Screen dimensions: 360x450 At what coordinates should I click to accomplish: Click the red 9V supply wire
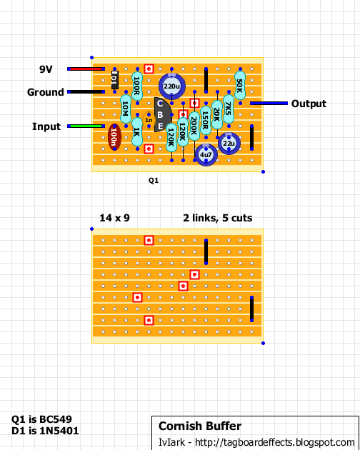pos(86,69)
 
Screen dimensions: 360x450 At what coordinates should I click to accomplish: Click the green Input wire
pos(86,126)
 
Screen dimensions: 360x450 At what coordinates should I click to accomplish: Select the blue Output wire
pos(269,103)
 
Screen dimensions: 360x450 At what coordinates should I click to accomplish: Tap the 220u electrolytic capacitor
pos(171,86)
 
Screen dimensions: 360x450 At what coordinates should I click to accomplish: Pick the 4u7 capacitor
pos(206,155)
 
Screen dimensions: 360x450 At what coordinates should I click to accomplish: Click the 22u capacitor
pos(229,143)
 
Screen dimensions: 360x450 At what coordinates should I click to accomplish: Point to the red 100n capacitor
pos(114,137)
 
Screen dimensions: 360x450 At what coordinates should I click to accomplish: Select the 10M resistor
pos(126,109)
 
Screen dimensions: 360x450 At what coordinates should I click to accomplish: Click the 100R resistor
pos(137,86)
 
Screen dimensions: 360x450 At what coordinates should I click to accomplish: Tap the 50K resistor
pos(240,86)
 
